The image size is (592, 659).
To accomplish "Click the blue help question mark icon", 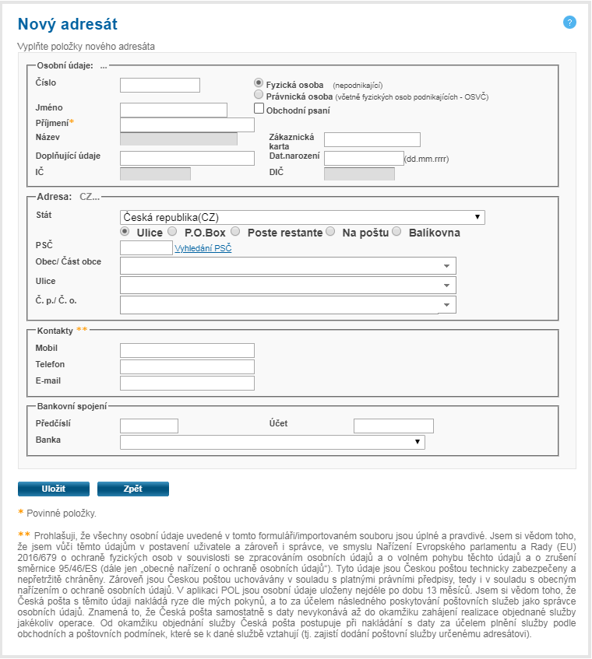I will tap(569, 23).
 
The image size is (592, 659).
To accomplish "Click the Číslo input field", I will tap(160, 85).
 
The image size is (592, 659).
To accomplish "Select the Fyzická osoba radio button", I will tap(259, 82).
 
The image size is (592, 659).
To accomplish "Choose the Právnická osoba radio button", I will tap(259, 95).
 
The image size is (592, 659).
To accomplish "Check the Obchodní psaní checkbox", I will tap(259, 109).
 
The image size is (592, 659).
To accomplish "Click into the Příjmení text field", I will tap(187, 124).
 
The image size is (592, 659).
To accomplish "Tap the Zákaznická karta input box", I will tap(372, 139).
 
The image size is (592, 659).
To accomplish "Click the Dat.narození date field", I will tap(363, 158).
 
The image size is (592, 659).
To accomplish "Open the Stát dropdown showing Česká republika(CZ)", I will tap(302, 217).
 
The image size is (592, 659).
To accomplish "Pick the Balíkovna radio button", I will tap(396, 232).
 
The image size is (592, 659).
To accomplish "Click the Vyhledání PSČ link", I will tap(203, 249).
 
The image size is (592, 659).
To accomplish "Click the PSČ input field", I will tap(146, 248).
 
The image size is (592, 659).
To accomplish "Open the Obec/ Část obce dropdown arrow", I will tap(447, 265).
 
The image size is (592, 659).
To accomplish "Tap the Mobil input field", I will tap(187, 350).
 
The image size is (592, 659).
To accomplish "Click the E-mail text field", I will tap(187, 382).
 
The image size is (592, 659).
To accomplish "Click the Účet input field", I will tap(393, 426).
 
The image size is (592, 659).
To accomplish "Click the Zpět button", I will tap(132, 489).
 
